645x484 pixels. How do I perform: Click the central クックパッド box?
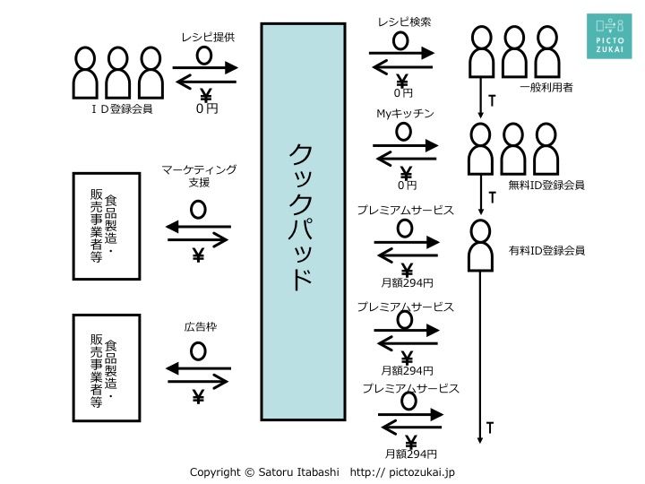[x=303, y=221]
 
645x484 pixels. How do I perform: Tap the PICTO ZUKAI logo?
[x=609, y=36]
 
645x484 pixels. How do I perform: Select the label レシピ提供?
[x=208, y=37]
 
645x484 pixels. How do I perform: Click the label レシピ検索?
[x=404, y=22]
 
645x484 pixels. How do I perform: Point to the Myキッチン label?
[x=405, y=113]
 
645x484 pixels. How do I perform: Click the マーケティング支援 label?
[x=199, y=176]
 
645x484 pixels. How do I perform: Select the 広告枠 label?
[x=201, y=327]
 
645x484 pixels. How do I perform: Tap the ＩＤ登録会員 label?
[x=122, y=109]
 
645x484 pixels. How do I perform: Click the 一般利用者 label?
[x=546, y=87]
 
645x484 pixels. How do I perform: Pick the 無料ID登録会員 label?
[x=546, y=186]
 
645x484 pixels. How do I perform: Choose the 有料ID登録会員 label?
[x=546, y=250]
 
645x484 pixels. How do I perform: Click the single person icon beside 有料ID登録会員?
[x=480, y=246]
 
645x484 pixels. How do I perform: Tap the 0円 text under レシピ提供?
[x=207, y=108]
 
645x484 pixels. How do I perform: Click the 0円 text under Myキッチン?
[x=408, y=186]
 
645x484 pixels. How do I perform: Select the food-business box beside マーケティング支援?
[x=107, y=227]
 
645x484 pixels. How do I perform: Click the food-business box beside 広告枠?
[x=107, y=368]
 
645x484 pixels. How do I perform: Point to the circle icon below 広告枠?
[x=198, y=351]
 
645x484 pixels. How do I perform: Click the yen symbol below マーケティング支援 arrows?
[x=198, y=255]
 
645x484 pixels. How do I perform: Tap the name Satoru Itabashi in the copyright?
[x=298, y=472]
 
